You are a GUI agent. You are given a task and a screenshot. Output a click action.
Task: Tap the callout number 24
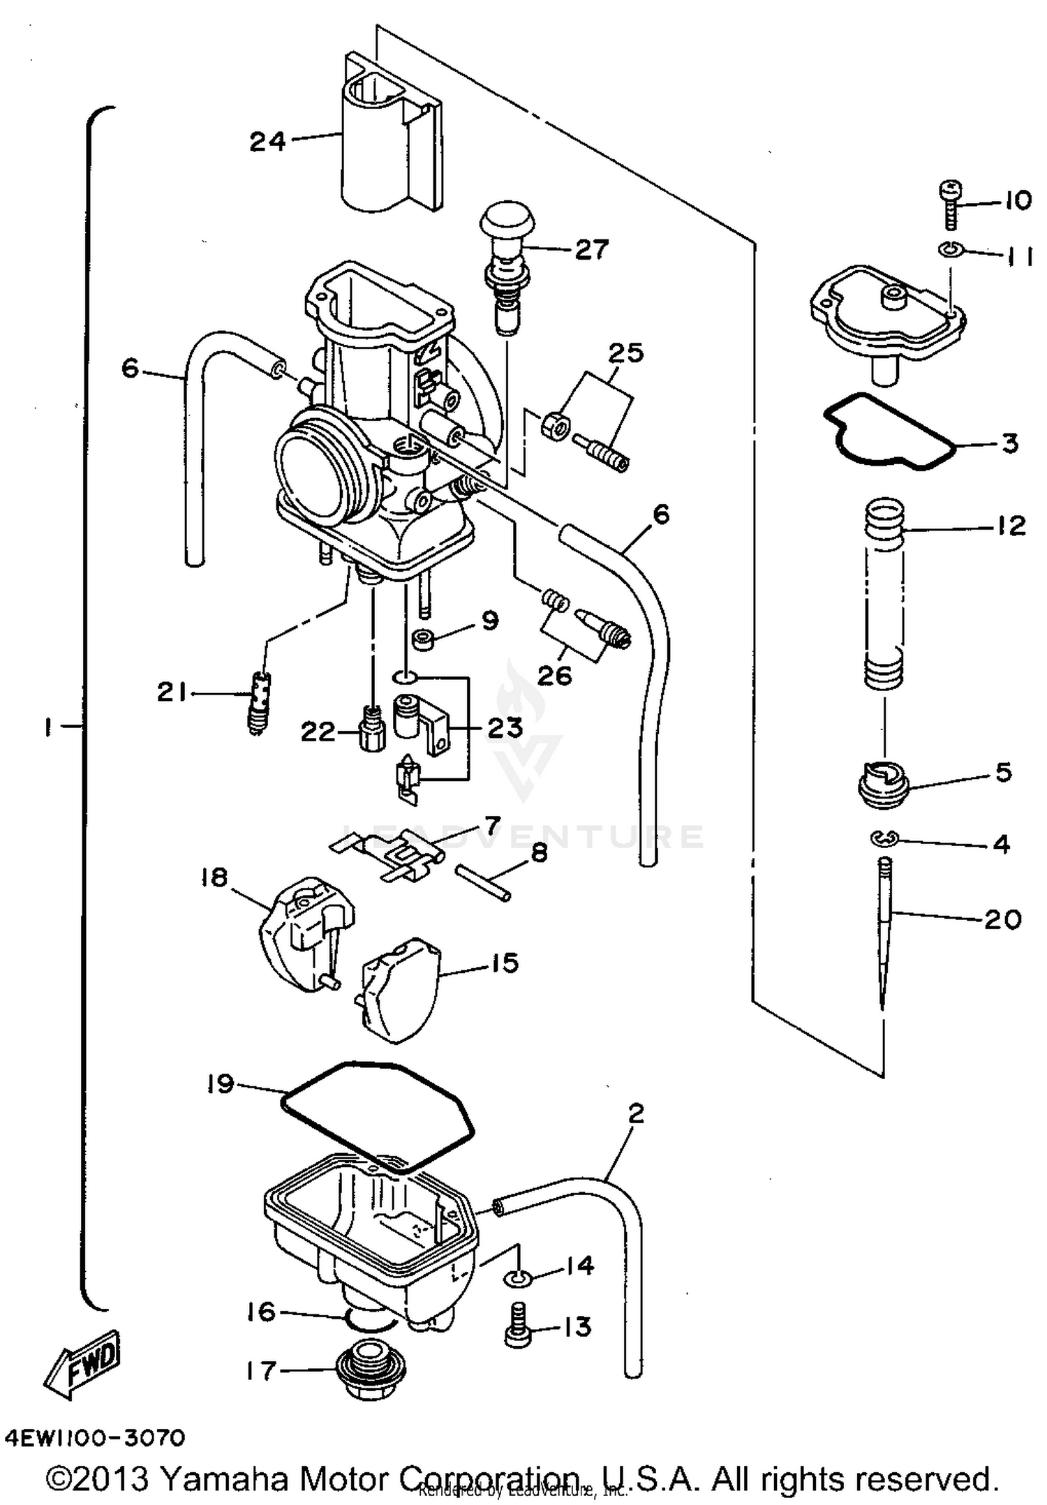(x=268, y=142)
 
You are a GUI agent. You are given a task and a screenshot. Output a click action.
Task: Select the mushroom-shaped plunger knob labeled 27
(x=506, y=220)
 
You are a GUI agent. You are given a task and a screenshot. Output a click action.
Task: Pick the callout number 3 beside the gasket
(x=1009, y=443)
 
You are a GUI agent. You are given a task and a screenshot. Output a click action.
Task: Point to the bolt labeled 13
(x=517, y=1325)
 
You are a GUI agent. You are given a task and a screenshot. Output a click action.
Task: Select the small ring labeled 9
(x=423, y=638)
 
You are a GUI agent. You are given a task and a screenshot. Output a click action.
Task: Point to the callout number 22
(x=318, y=732)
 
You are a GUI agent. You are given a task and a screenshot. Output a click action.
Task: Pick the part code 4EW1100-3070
(x=96, y=1438)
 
